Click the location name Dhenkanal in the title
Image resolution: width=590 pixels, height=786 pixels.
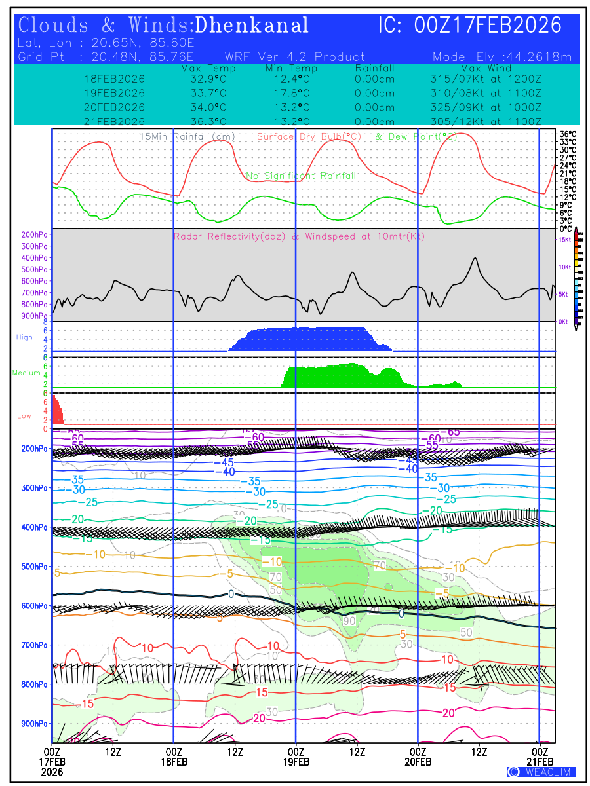(252, 26)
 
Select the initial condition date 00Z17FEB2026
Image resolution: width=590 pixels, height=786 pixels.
(488, 26)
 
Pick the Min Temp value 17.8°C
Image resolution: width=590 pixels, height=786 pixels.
(287, 93)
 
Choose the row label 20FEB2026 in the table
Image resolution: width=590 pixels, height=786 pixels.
(114, 107)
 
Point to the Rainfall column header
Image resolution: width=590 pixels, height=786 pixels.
(374, 69)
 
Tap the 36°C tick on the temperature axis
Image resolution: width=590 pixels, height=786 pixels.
(568, 134)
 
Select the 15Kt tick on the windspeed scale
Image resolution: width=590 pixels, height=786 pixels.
(564, 240)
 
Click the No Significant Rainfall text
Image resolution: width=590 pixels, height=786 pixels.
(301, 176)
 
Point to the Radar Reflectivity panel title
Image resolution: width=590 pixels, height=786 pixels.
(298, 236)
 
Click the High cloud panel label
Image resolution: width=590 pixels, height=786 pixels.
(24, 337)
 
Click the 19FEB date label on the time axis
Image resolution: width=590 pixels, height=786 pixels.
(296, 762)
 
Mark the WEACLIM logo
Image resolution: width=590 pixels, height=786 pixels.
(541, 772)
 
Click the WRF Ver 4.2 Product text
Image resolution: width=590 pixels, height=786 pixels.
(295, 57)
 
